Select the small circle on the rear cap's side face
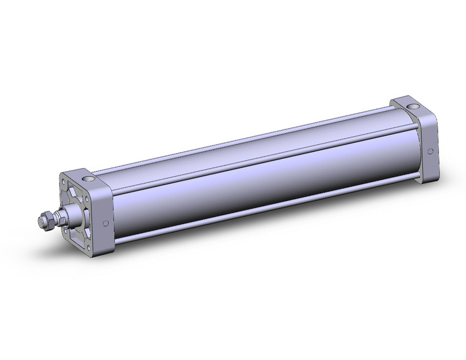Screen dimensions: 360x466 [x=430, y=151]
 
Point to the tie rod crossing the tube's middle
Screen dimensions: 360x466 [x=258, y=160]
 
